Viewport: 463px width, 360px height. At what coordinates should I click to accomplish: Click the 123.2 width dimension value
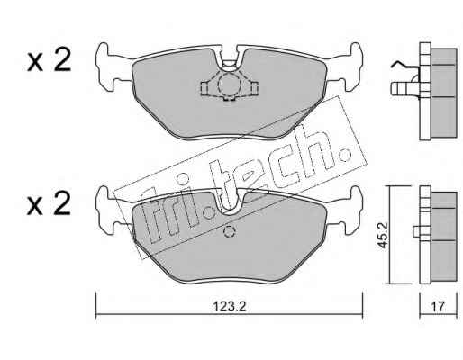[x=230, y=306]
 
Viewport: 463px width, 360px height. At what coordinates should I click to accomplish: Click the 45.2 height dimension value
[x=382, y=236]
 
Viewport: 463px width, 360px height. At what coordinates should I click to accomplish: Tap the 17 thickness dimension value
[x=438, y=306]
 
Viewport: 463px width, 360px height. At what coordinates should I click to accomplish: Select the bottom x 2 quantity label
[x=49, y=203]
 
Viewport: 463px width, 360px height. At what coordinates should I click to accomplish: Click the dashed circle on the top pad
[x=229, y=85]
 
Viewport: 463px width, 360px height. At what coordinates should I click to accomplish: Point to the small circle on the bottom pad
[x=229, y=231]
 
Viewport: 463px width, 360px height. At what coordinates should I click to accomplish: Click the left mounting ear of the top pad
[x=106, y=67]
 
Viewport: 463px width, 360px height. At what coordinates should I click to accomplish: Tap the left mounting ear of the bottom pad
[x=106, y=210]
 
